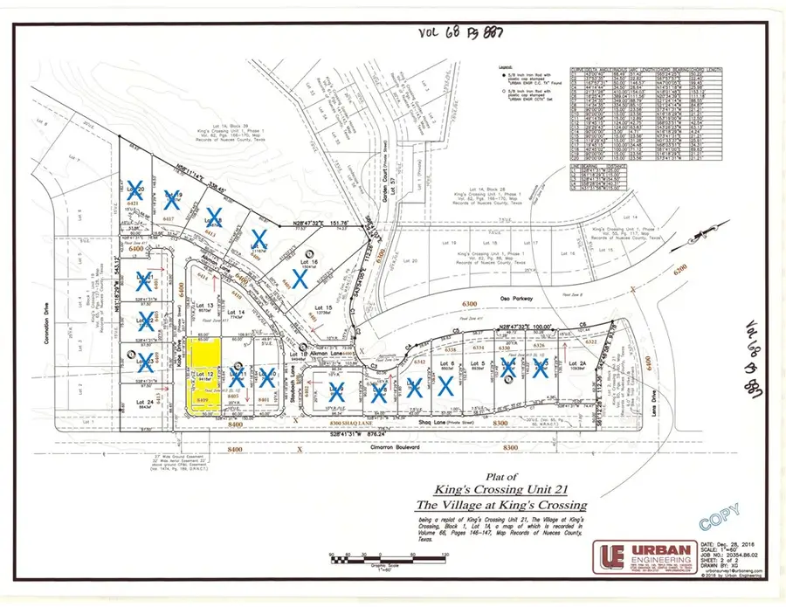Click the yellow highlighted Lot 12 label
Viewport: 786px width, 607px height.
(206, 374)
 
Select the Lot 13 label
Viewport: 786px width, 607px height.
(206, 304)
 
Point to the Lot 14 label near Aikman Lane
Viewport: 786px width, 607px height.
(236, 313)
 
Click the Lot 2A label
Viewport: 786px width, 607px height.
(576, 362)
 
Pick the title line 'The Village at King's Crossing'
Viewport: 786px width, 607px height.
(489, 505)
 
